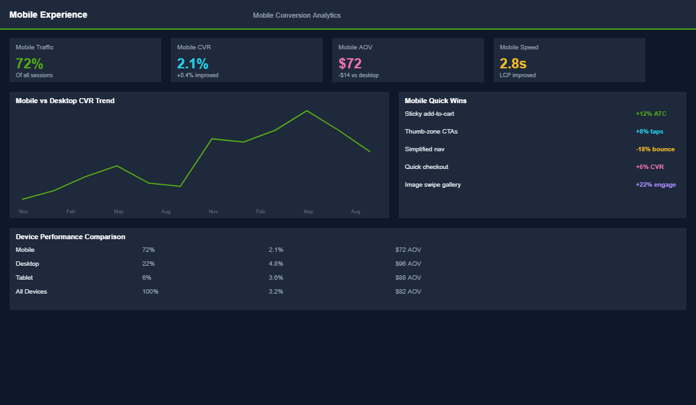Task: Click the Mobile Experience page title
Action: pos(48,15)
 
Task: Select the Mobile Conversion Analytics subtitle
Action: pos(296,15)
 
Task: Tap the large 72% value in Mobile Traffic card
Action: pos(29,63)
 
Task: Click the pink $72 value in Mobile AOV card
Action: pos(350,63)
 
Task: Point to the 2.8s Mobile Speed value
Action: pos(513,63)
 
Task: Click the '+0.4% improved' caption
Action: pos(197,75)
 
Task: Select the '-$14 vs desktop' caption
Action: pos(358,75)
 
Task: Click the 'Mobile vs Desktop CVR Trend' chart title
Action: pos(65,101)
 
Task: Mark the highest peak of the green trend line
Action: pos(307,111)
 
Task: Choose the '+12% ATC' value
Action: pos(650,114)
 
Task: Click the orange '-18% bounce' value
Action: pos(655,149)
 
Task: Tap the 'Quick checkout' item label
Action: pos(426,167)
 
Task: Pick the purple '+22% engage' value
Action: pos(656,185)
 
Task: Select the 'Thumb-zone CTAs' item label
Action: pos(431,132)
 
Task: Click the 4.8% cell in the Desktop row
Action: pos(276,264)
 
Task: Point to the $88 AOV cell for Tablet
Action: pos(408,278)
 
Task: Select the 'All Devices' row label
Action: pos(31,292)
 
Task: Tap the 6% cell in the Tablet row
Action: pos(147,278)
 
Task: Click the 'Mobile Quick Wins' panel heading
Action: pos(435,101)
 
